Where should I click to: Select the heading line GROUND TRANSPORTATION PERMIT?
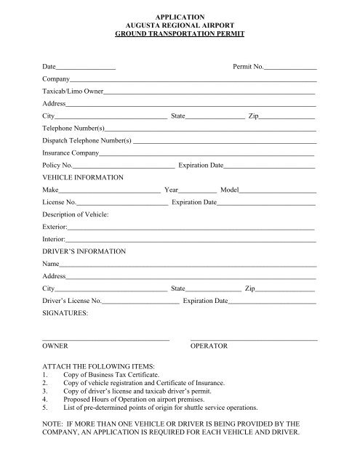point(180,33)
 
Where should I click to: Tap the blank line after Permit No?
point(291,68)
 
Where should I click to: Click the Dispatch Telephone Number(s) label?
point(87,140)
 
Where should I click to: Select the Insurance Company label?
point(70,153)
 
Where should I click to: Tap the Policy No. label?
point(57,166)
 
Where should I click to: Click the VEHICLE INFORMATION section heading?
point(83,177)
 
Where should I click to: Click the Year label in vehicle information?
point(172,190)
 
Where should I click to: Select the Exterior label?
point(55,227)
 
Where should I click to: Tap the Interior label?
point(54,239)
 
